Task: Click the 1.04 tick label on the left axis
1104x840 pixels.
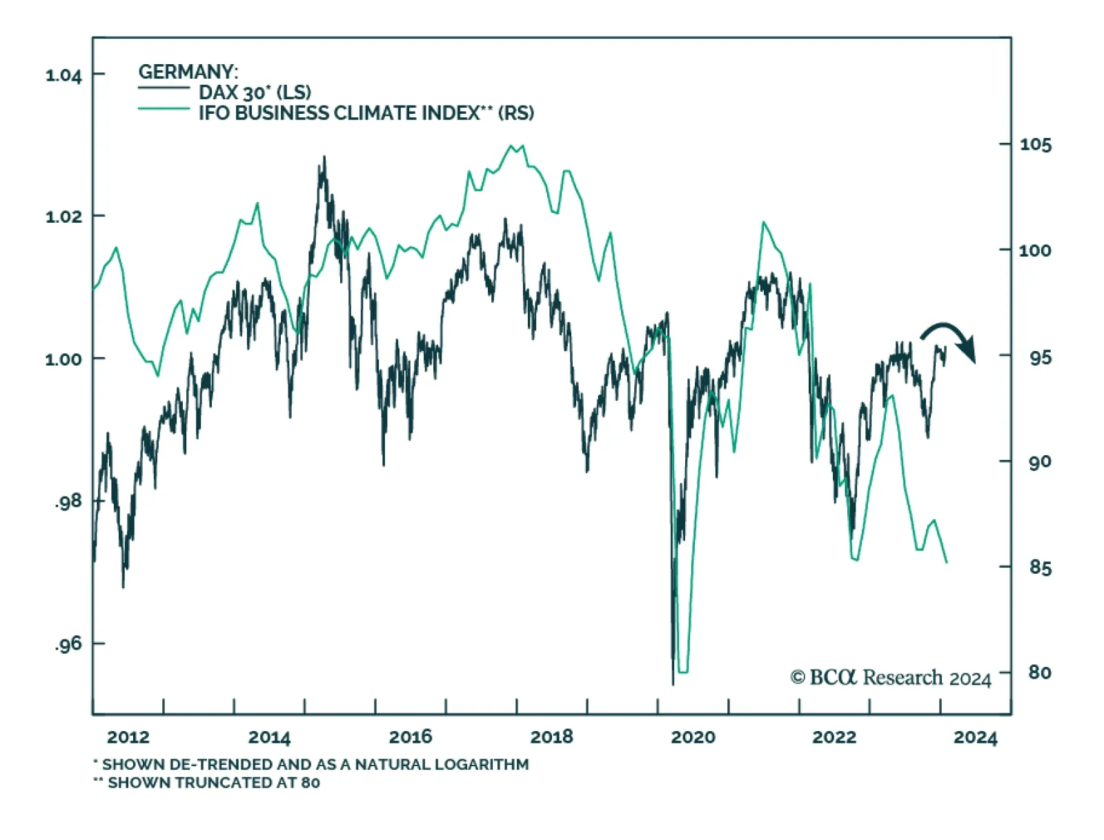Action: pyautogui.click(x=63, y=75)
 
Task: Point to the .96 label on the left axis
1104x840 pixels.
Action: pyautogui.click(x=68, y=644)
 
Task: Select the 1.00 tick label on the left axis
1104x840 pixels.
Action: pyautogui.click(x=63, y=359)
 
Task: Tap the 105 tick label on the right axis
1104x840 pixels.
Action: pyautogui.click(x=1036, y=145)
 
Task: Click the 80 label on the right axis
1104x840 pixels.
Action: pyautogui.click(x=1039, y=672)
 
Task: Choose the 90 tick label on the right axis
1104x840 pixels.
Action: pyautogui.click(x=1039, y=461)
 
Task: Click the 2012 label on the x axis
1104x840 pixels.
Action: pyautogui.click(x=128, y=737)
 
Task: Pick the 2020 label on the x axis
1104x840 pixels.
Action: pyautogui.click(x=693, y=737)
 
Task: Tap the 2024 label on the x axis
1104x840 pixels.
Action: pyautogui.click(x=975, y=737)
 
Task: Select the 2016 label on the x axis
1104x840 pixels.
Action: pyautogui.click(x=411, y=737)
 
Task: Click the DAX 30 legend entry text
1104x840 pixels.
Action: pyautogui.click(x=255, y=92)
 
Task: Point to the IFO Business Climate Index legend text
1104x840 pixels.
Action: pyautogui.click(x=366, y=113)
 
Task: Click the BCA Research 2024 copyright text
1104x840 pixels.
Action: pyautogui.click(x=890, y=678)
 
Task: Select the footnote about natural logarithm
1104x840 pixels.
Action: pyautogui.click(x=311, y=764)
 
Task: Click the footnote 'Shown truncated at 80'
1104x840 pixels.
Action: pyautogui.click(x=207, y=783)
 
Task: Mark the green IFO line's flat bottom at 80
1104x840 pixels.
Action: pyautogui.click(x=683, y=671)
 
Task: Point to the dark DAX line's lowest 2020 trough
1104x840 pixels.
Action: pyautogui.click(x=673, y=683)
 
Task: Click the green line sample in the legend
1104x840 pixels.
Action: pyautogui.click(x=164, y=109)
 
